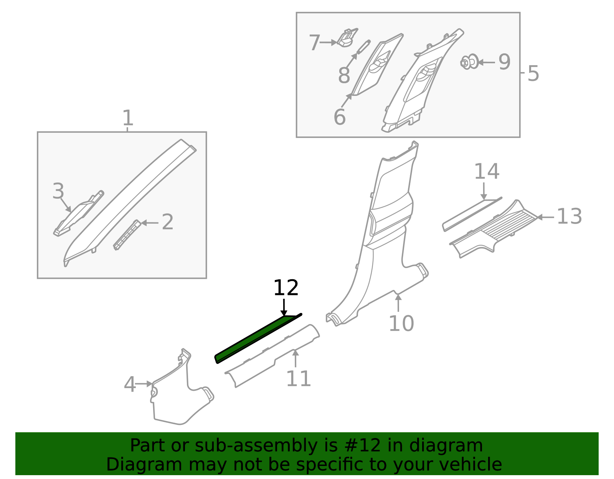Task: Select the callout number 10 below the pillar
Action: (x=401, y=323)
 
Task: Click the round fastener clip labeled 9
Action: (x=470, y=62)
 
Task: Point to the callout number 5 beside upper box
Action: (x=533, y=73)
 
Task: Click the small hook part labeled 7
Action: (x=347, y=38)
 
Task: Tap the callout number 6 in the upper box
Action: (x=340, y=117)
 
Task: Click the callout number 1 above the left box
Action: (x=127, y=118)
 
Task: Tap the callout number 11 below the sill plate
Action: (x=298, y=379)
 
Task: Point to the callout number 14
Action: (x=487, y=171)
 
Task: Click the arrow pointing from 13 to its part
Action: (x=545, y=217)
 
